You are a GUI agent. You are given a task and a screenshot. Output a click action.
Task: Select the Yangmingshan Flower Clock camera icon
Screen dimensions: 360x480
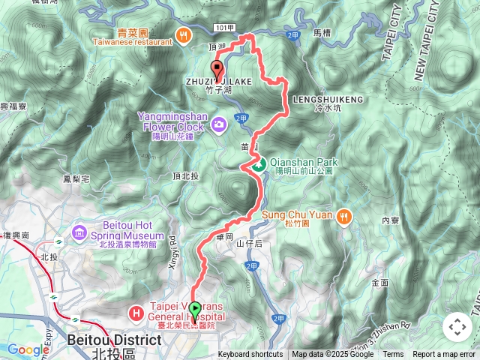click(x=219, y=123)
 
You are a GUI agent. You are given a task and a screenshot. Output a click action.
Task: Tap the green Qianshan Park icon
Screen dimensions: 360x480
click(x=257, y=164)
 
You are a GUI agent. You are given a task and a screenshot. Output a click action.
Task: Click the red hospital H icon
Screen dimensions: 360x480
click(x=136, y=311)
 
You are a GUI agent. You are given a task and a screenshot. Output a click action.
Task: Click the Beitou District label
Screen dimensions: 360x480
click(x=113, y=340)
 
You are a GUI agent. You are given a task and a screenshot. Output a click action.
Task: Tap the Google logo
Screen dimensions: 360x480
click(x=28, y=349)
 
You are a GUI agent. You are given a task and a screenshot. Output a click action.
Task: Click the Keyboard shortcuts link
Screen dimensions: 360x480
click(x=250, y=355)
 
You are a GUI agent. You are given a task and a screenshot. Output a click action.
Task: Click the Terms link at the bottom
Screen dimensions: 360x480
click(x=393, y=355)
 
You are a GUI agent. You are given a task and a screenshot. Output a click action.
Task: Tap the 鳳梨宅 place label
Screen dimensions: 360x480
click(x=76, y=179)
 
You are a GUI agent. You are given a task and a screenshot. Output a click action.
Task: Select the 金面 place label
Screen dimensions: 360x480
click(x=379, y=282)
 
